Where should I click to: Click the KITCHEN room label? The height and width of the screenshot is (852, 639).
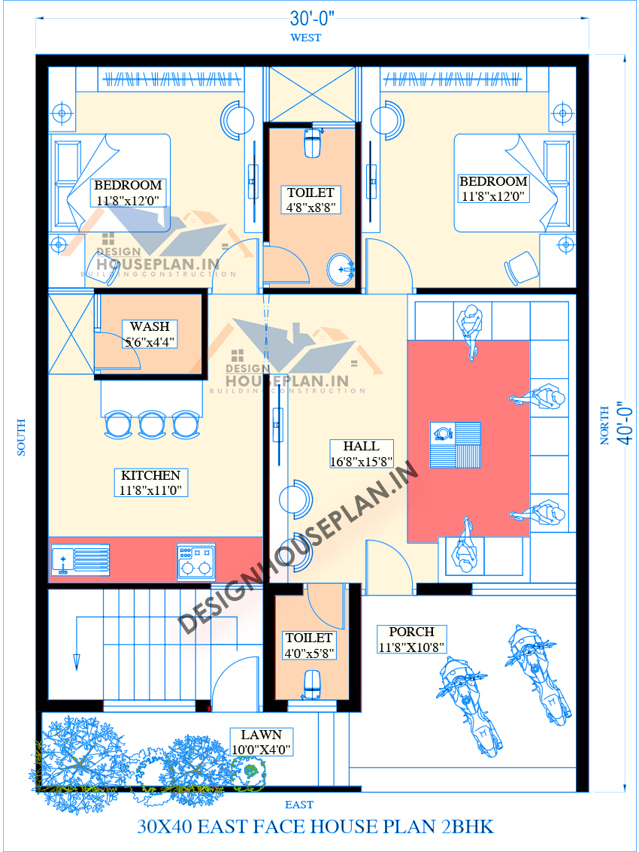point(151,475)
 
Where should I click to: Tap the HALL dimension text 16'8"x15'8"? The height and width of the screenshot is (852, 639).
point(361,461)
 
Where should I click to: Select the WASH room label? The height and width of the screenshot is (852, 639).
point(150,327)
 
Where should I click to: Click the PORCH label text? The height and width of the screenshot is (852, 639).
point(412,632)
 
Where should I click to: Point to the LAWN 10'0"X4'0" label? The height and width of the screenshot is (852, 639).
point(261,742)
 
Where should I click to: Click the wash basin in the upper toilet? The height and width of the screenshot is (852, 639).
point(342,268)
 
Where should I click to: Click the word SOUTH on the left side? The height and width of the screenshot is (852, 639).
point(21,437)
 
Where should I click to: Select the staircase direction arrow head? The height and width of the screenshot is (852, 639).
point(77,662)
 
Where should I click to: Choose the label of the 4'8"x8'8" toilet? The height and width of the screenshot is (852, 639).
point(310,200)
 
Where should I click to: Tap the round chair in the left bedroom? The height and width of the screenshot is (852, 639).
point(238,120)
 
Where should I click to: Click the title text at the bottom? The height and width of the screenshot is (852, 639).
point(316,827)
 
